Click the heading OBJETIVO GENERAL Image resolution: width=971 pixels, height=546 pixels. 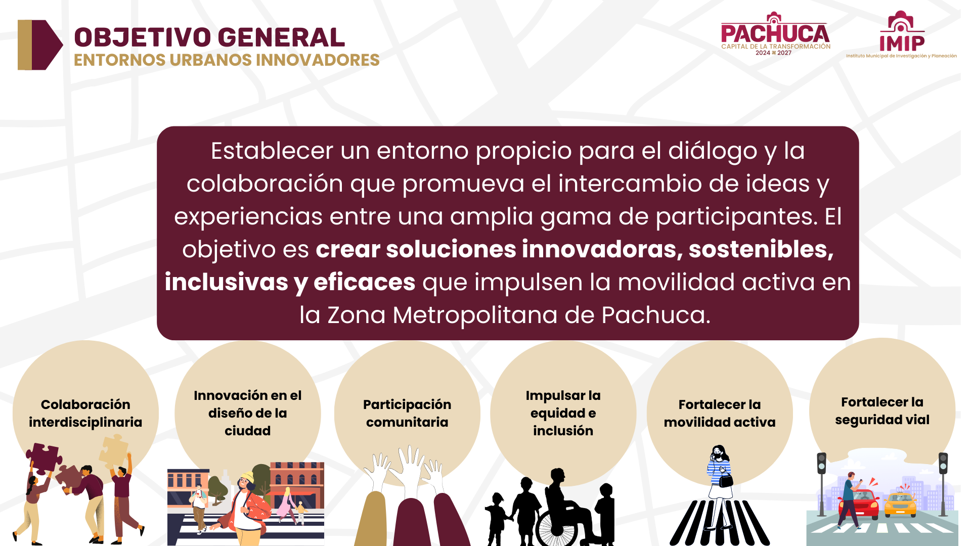209,37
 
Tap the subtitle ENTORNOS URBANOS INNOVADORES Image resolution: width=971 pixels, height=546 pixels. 227,60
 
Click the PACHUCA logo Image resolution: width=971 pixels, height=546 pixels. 775,34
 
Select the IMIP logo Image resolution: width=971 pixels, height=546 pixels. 901,34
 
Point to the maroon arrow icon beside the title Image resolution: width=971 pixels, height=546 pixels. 40,45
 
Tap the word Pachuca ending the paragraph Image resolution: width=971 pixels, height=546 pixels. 656,315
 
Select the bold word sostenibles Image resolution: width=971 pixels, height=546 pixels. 761,249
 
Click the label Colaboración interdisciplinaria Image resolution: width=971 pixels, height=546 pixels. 85,414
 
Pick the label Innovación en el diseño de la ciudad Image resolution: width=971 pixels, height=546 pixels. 248,413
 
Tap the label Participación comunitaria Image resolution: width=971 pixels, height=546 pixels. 407,414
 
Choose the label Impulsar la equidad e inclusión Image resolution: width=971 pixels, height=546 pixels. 563,413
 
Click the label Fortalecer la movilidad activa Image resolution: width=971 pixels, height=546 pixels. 720,414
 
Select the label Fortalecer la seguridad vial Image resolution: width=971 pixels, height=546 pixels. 882,411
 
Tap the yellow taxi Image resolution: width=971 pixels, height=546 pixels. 900,504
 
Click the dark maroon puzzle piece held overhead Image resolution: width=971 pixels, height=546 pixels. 44,458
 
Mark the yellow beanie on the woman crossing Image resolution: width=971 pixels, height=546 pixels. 247,477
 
